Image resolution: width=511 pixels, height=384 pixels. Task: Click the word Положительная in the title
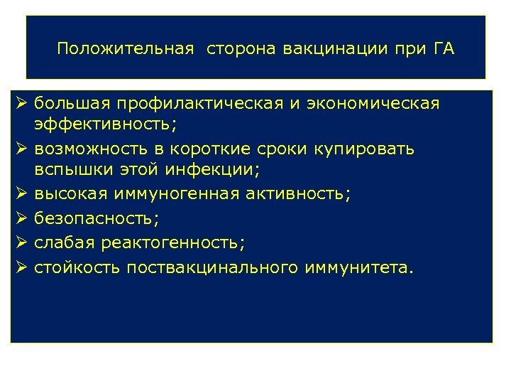(126, 49)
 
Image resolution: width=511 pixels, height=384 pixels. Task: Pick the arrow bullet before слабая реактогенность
(21, 243)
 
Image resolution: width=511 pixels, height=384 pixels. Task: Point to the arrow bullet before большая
(21, 104)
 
